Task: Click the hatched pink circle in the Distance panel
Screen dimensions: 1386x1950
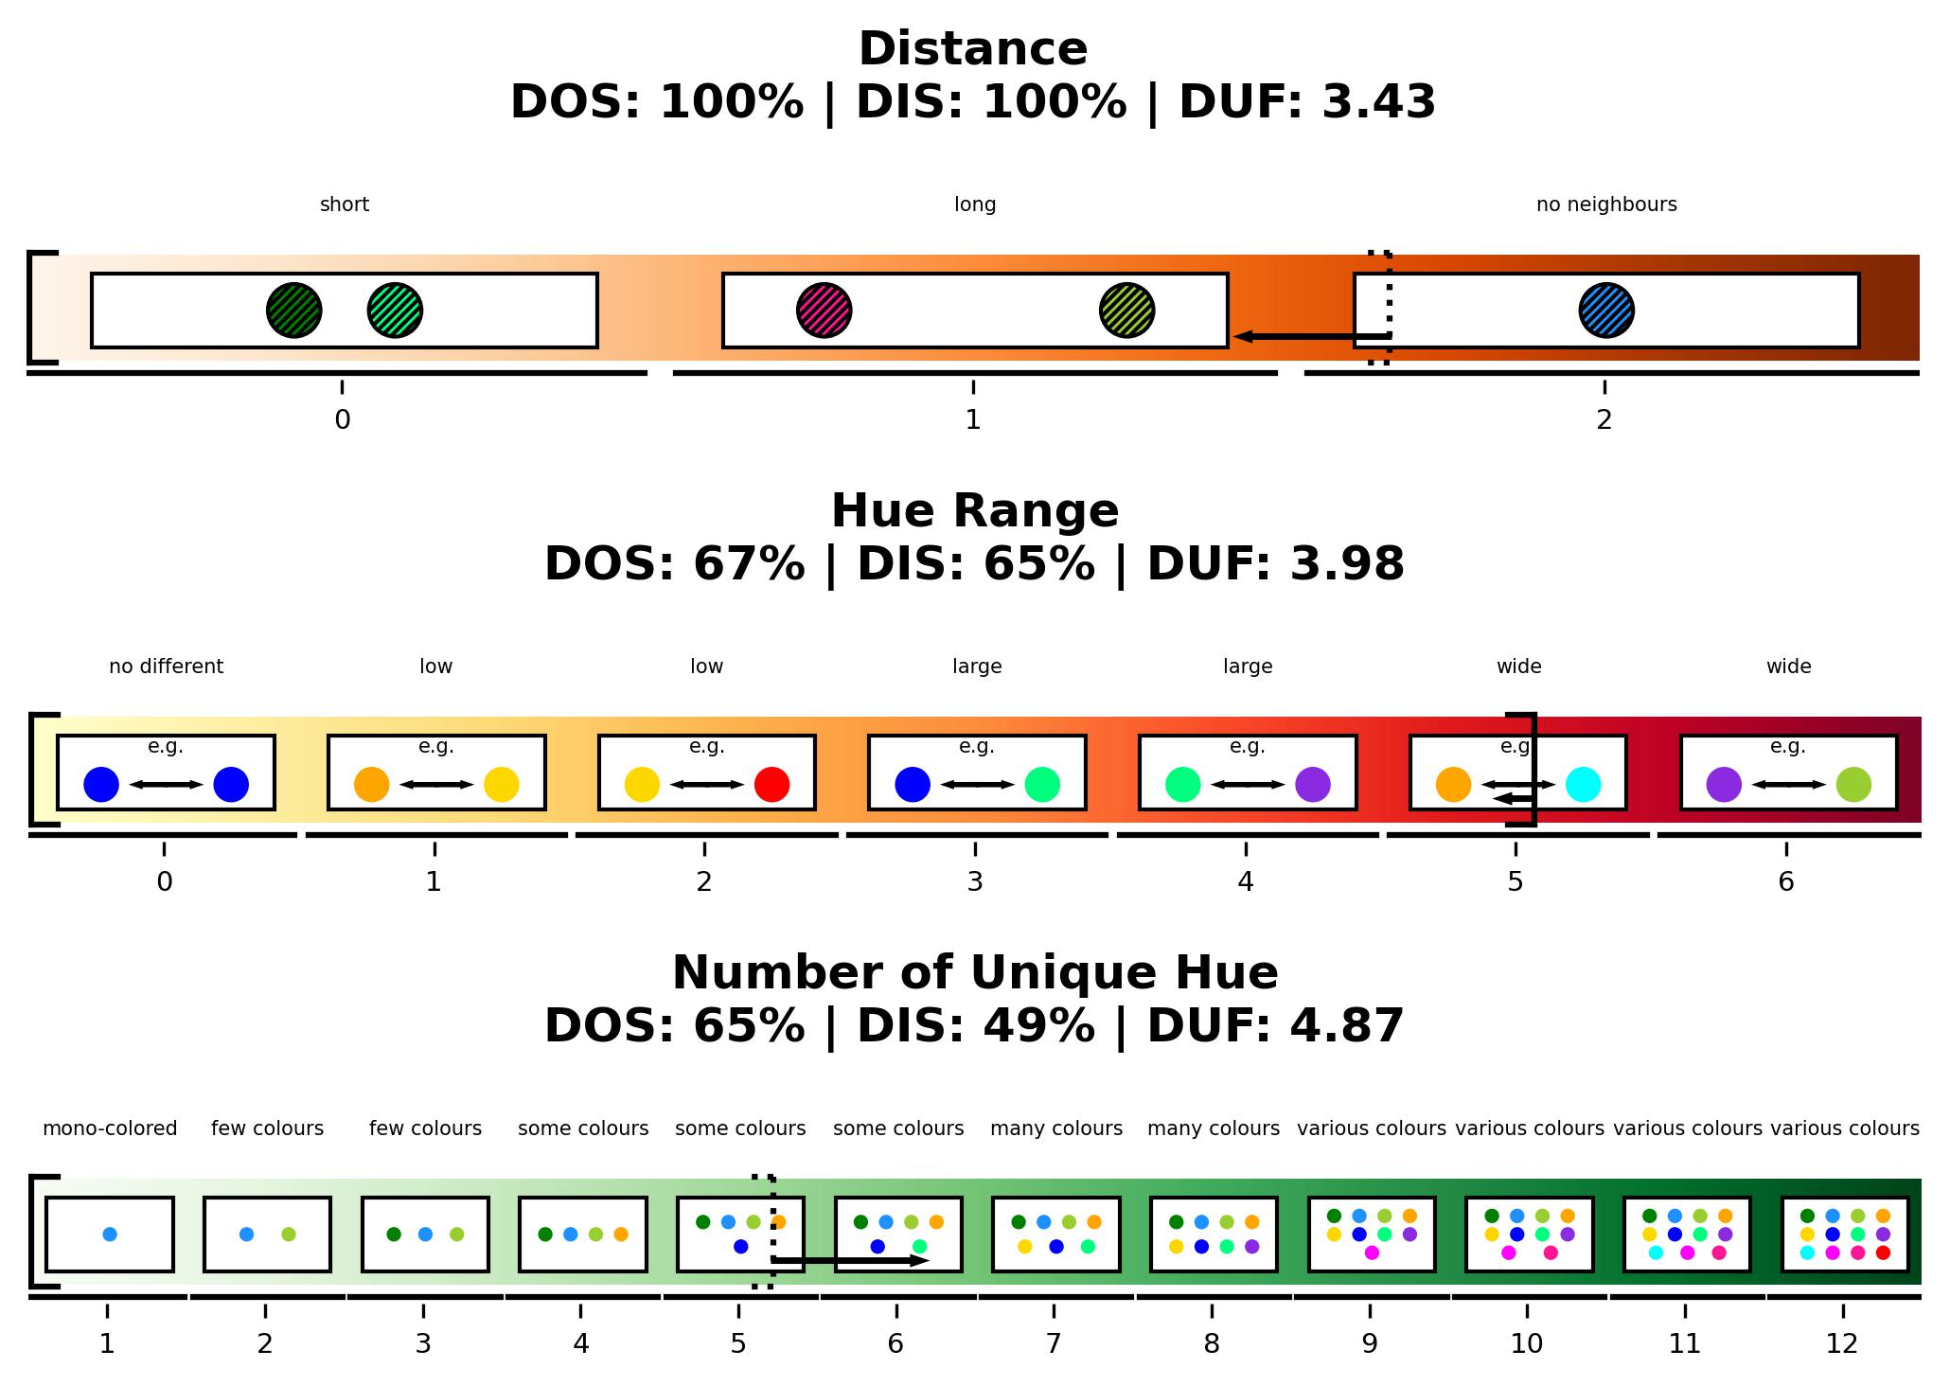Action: point(824,311)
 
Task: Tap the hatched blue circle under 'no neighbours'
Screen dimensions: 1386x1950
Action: point(1606,311)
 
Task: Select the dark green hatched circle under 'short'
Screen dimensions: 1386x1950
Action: point(293,311)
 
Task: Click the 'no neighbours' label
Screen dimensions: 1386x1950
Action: point(1606,204)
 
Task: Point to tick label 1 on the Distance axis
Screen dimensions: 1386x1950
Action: point(973,420)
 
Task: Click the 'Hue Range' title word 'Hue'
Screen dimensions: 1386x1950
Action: point(869,511)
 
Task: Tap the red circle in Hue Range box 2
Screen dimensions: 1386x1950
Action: point(771,785)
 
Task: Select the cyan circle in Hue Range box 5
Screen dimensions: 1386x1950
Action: point(1583,785)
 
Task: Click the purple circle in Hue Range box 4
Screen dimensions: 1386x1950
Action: point(1313,785)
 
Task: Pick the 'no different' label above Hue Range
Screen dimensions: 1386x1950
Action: point(166,666)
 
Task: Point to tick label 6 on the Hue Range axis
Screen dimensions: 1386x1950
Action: point(1786,882)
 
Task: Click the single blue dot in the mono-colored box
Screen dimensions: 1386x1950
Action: point(110,1235)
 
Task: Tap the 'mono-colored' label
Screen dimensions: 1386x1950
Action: point(110,1128)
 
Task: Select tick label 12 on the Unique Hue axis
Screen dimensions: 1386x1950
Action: point(1842,1344)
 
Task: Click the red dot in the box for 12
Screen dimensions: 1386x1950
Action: point(1883,1253)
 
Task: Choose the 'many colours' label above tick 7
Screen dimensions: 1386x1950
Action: point(1056,1128)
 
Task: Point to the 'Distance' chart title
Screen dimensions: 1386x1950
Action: point(973,49)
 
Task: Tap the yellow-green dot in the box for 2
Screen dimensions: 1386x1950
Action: point(289,1235)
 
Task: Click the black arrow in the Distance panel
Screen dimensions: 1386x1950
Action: point(1311,336)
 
